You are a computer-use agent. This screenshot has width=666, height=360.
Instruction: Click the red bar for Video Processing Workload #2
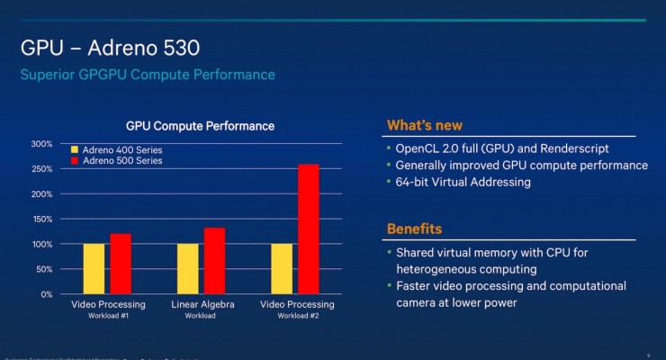pyautogui.click(x=309, y=229)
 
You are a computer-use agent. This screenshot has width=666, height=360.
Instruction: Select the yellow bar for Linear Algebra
pyautogui.click(x=188, y=268)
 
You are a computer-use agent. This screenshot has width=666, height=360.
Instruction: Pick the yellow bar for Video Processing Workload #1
pyautogui.click(x=94, y=268)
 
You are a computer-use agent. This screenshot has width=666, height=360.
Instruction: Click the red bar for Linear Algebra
pyautogui.click(x=214, y=260)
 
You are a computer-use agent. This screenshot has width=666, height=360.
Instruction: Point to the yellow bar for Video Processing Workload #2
pyautogui.click(x=283, y=268)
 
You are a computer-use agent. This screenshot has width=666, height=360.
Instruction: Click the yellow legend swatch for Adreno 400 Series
pyautogui.click(x=75, y=149)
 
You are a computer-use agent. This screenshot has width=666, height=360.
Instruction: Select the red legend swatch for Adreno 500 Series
pyautogui.click(x=75, y=160)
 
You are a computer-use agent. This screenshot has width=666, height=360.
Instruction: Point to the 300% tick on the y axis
pyautogui.click(x=41, y=144)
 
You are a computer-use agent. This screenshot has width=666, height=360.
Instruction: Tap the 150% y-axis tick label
pyautogui.click(x=41, y=219)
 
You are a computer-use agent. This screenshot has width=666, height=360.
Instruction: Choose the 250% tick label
pyautogui.click(x=41, y=169)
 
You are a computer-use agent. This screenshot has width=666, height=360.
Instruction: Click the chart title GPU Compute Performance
pyautogui.click(x=199, y=126)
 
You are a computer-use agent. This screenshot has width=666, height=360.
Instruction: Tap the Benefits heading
pyautogui.click(x=414, y=229)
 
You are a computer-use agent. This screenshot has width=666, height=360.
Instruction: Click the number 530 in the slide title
pyautogui.click(x=180, y=46)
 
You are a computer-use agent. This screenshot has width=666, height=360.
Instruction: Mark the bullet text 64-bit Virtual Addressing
pyautogui.click(x=463, y=182)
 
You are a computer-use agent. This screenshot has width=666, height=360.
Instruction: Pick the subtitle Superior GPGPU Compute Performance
pyautogui.click(x=148, y=74)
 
